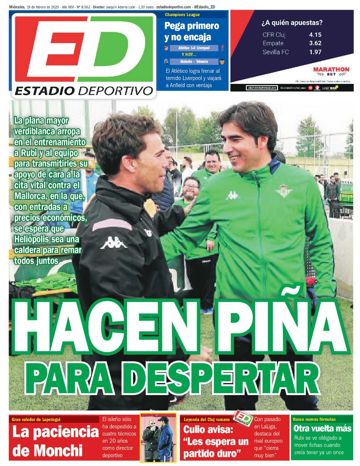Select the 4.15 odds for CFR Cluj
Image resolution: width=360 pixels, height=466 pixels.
click(315, 34)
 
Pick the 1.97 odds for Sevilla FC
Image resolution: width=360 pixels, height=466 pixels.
click(315, 52)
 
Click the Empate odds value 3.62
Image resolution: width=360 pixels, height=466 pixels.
click(315, 43)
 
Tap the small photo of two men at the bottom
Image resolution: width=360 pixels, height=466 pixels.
click(158, 437)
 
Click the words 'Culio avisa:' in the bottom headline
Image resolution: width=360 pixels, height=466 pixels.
click(208, 430)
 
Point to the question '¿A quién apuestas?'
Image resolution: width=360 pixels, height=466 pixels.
click(292, 22)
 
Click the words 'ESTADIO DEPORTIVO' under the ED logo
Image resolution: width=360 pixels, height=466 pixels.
click(83, 91)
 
